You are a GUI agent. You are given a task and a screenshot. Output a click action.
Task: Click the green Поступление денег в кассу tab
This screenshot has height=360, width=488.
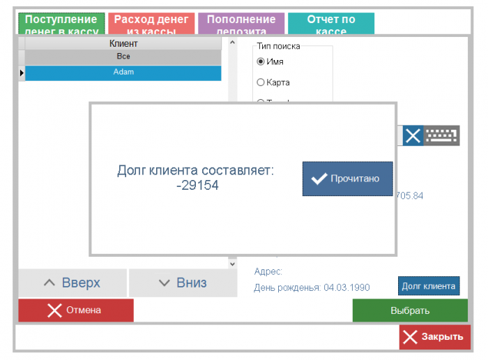pyautogui.click(x=61, y=24)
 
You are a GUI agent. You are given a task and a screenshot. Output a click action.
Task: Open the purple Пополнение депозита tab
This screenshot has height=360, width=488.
pyautogui.click(x=241, y=24)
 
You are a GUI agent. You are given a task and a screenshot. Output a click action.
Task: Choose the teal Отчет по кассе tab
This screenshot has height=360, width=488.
pyautogui.click(x=331, y=24)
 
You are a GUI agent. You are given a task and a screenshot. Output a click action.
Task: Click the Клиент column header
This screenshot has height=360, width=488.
pyautogui.click(x=123, y=44)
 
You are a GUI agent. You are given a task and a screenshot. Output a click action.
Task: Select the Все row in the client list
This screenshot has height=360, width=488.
pyautogui.click(x=123, y=57)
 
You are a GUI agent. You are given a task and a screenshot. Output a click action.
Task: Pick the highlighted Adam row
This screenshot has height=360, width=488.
pyautogui.click(x=123, y=72)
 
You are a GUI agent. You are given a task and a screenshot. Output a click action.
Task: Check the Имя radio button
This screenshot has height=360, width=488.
pyautogui.click(x=261, y=61)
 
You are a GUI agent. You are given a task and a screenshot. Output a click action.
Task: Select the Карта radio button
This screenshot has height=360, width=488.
pyautogui.click(x=261, y=82)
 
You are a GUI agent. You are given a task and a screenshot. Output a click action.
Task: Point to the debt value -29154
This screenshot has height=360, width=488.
pyautogui.click(x=197, y=186)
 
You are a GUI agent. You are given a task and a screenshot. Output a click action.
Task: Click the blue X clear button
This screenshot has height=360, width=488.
pyautogui.click(x=413, y=135)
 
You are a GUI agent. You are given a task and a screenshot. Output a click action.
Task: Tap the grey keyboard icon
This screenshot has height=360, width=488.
pyautogui.click(x=442, y=135)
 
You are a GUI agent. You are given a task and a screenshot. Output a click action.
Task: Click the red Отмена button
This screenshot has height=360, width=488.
pyautogui.click(x=75, y=310)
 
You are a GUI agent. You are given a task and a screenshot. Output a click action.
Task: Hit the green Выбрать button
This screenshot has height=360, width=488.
pyautogui.click(x=410, y=310)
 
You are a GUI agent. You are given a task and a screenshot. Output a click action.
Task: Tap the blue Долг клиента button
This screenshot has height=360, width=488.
pyautogui.click(x=429, y=286)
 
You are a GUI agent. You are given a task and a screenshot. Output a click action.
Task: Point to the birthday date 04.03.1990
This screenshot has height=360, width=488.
pyautogui.click(x=346, y=287)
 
